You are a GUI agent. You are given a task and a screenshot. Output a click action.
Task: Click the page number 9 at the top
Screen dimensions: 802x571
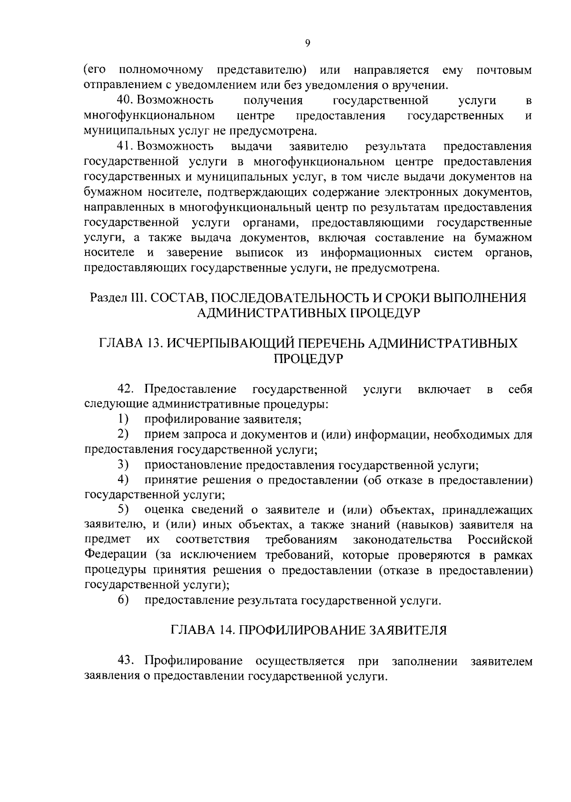point(307,43)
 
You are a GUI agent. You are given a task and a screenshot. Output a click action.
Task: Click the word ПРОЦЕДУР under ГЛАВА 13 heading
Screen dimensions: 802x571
point(308,359)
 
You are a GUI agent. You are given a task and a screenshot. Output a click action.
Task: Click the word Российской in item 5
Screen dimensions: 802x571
point(500,540)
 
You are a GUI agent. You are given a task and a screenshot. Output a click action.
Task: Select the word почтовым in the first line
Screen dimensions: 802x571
point(504,71)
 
